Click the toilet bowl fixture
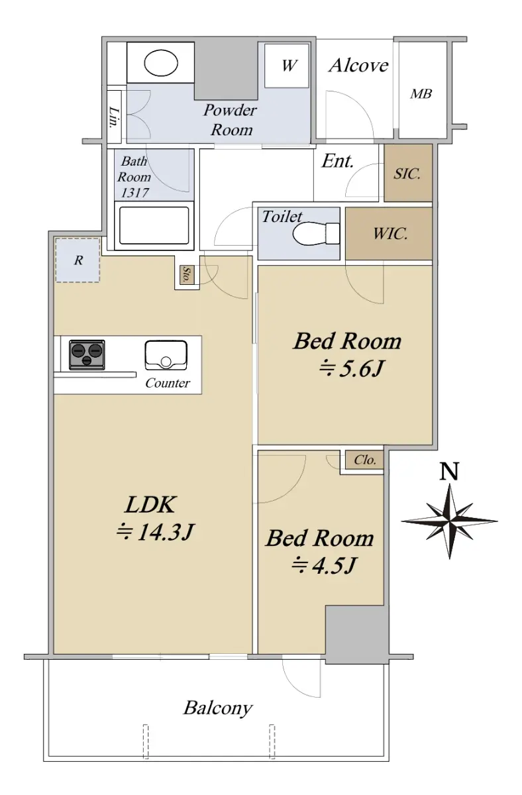[x=316, y=233]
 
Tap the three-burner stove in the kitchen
[x=87, y=354]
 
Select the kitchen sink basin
[x=166, y=356]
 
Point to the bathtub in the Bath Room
[x=154, y=226]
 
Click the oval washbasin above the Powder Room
[x=161, y=64]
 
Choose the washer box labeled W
[x=287, y=66]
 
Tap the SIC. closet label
[x=407, y=174]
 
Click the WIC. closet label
[x=390, y=233]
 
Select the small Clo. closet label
[x=365, y=460]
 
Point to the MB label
[x=421, y=93]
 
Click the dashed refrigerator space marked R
[x=78, y=260]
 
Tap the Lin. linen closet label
[x=114, y=117]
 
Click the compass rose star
[x=450, y=521]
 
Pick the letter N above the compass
[x=449, y=471]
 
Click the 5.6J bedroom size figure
[x=351, y=369]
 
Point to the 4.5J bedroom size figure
[x=323, y=565]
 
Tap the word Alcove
[x=358, y=66]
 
